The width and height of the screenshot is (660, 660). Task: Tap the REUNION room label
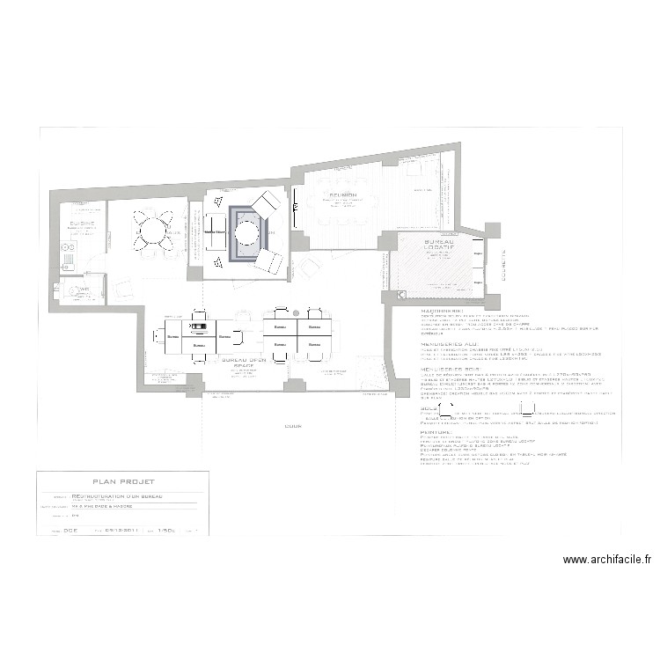(x=343, y=194)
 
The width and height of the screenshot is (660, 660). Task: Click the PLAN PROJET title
(x=123, y=481)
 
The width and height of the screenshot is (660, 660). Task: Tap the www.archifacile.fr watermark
(x=609, y=559)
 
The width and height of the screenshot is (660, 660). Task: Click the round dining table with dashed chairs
(x=154, y=233)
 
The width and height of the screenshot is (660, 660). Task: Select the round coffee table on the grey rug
(x=247, y=233)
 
